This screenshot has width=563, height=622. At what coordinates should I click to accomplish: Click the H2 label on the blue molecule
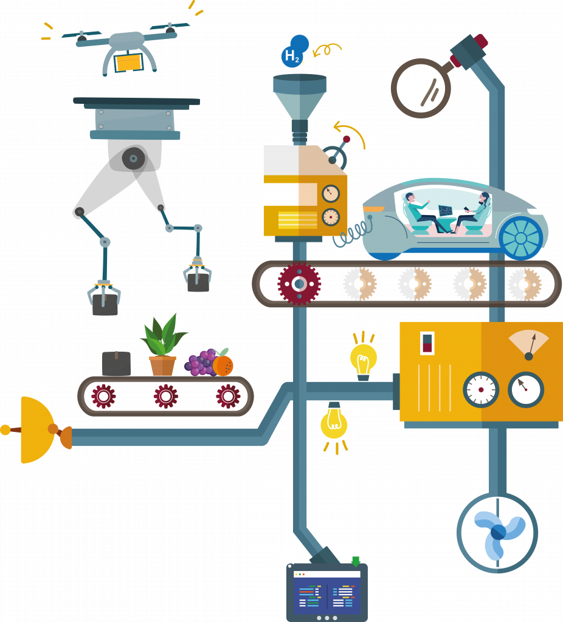[292, 56]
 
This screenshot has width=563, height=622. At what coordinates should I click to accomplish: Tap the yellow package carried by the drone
[129, 63]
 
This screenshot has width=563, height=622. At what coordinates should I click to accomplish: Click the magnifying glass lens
[421, 88]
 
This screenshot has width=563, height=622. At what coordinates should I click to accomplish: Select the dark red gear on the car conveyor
[299, 284]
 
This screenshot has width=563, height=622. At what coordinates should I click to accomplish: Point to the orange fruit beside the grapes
[223, 365]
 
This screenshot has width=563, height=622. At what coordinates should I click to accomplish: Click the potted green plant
[163, 345]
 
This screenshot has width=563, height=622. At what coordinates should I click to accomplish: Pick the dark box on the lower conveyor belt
[116, 363]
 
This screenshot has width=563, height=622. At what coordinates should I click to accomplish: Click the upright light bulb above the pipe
[364, 359]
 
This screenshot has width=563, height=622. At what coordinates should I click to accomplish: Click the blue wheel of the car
[521, 238]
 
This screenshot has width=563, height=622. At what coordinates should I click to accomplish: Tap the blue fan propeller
[499, 532]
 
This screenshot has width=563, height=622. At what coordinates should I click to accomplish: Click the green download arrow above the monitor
[356, 561]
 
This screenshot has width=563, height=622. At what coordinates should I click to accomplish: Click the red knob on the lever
[347, 139]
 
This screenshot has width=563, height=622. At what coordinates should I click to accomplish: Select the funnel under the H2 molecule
[300, 97]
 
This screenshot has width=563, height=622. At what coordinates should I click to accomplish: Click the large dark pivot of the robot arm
[133, 159]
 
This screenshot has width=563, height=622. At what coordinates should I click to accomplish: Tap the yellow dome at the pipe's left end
[36, 429]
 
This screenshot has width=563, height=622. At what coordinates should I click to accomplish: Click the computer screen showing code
[326, 592]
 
